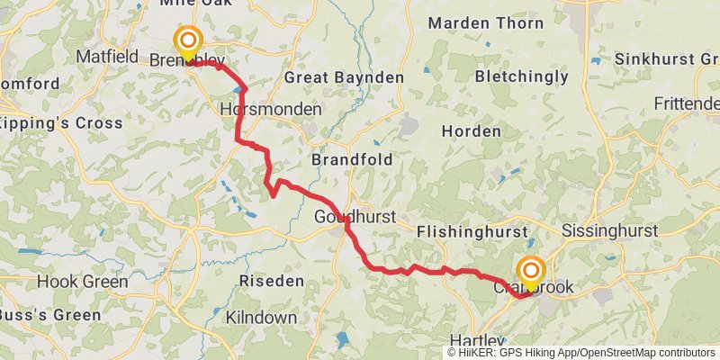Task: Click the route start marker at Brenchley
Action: pyautogui.click(x=188, y=41)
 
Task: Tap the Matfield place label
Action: pyautogui.click(x=107, y=56)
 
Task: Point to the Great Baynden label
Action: pyautogui.click(x=344, y=77)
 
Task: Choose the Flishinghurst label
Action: pyautogui.click(x=472, y=232)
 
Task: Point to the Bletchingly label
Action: pyautogui.click(x=522, y=76)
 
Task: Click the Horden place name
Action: pyautogui.click(x=471, y=131)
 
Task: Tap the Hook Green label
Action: pyautogui.click(x=82, y=282)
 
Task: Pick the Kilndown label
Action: pyautogui.click(x=262, y=318)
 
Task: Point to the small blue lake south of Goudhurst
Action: pyautogui.click(x=343, y=339)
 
